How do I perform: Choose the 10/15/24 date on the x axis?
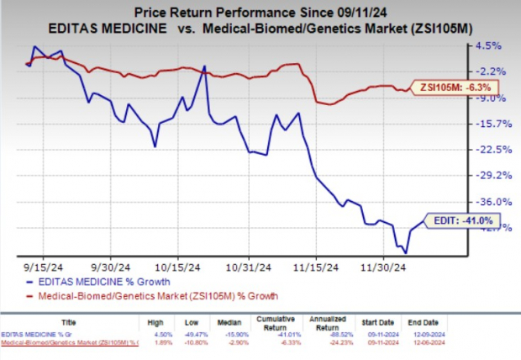coord(178,262)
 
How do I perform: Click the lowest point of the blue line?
coord(406,251)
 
